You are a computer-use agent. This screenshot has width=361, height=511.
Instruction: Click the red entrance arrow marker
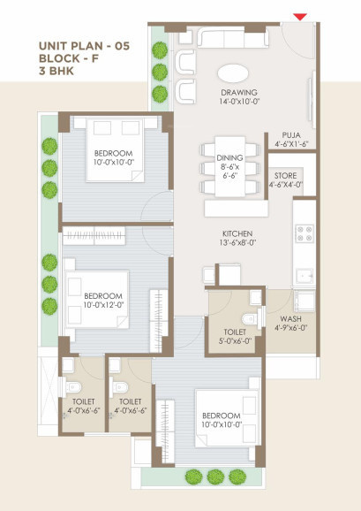(x=301, y=15)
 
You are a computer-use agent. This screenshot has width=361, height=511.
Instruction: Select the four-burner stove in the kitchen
(x=304, y=234)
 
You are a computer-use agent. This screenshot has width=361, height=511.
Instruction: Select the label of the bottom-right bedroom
(x=220, y=420)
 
